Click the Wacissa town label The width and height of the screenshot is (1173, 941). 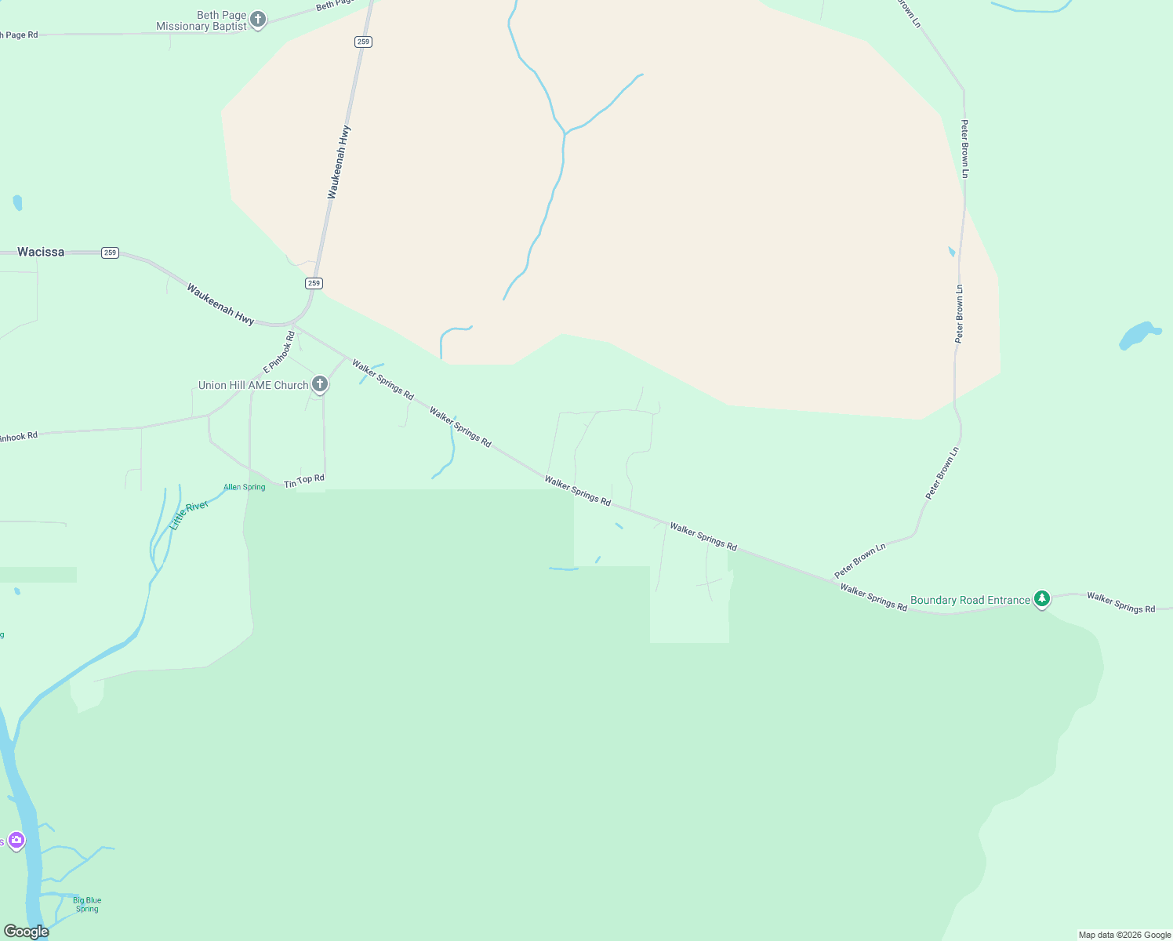coord(41,252)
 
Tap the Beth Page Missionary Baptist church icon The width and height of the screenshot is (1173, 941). coord(258,20)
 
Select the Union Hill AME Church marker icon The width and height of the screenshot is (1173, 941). coord(320,384)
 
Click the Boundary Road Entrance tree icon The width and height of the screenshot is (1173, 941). coord(1041,599)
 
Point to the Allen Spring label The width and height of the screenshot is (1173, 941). coord(245,487)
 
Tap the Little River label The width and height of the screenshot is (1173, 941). coord(189,515)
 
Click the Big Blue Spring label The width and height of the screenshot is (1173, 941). coord(87,904)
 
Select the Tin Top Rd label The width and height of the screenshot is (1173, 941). coord(304,481)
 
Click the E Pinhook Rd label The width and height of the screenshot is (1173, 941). coord(279,352)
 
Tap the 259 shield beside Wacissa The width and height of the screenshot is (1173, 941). coord(110,253)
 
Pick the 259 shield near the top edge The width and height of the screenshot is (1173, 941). coord(362,42)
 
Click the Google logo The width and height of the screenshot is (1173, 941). coord(27,932)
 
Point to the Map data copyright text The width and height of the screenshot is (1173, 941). coord(1124,935)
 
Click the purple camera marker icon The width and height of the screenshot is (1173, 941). coord(16,841)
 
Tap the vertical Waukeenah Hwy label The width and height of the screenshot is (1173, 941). coord(339,162)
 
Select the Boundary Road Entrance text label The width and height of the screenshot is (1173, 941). coord(970,600)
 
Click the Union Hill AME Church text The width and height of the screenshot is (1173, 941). coord(253,385)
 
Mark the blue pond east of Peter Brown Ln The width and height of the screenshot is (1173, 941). coord(1138,335)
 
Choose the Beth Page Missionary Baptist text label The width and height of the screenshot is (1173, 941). coord(202,20)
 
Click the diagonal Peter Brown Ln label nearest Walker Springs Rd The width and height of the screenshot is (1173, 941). coord(860,560)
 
